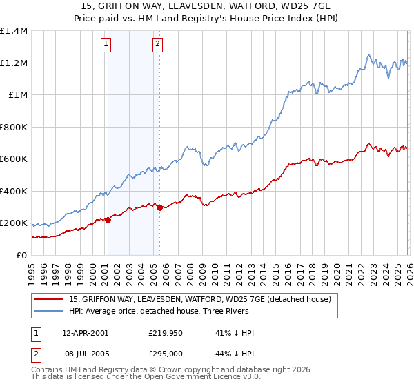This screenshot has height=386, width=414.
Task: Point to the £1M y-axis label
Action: tap(18, 95)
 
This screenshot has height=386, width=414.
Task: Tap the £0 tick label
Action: tap(22, 256)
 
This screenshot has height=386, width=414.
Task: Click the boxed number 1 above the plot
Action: tap(106, 44)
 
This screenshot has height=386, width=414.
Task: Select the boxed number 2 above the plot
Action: tap(158, 44)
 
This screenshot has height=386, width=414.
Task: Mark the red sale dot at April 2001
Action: tap(108, 221)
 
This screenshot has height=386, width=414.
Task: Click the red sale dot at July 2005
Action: tap(159, 207)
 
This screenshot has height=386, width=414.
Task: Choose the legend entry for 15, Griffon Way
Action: tap(200, 299)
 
